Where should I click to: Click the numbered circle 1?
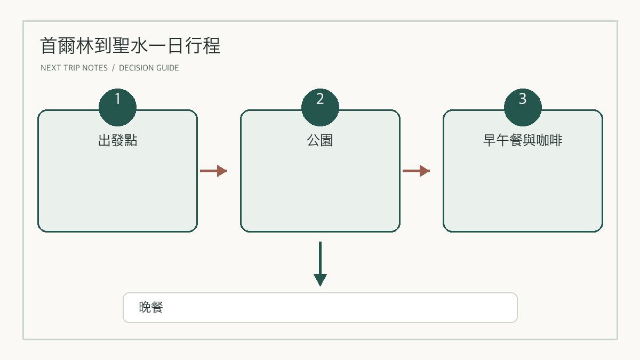(x=117, y=107)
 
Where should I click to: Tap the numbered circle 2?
(x=320, y=107)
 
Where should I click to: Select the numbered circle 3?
(x=523, y=107)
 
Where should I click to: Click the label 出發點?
(x=117, y=140)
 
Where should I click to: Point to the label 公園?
(x=320, y=140)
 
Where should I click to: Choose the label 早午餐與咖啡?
(x=523, y=140)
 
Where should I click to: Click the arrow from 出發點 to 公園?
(x=213, y=171)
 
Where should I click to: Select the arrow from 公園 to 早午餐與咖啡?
(x=416, y=171)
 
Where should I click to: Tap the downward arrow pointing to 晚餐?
(x=320, y=263)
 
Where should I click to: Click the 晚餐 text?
(x=151, y=307)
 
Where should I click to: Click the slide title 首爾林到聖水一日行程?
(x=130, y=46)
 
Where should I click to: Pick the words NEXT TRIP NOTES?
(x=74, y=68)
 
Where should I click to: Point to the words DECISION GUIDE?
(x=149, y=68)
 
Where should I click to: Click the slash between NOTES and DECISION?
(x=114, y=68)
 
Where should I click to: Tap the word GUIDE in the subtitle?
(x=167, y=68)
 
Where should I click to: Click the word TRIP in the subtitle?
(x=71, y=68)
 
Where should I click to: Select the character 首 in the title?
(x=49, y=46)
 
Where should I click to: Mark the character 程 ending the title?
(x=212, y=46)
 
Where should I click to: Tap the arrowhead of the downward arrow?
(x=320, y=280)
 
